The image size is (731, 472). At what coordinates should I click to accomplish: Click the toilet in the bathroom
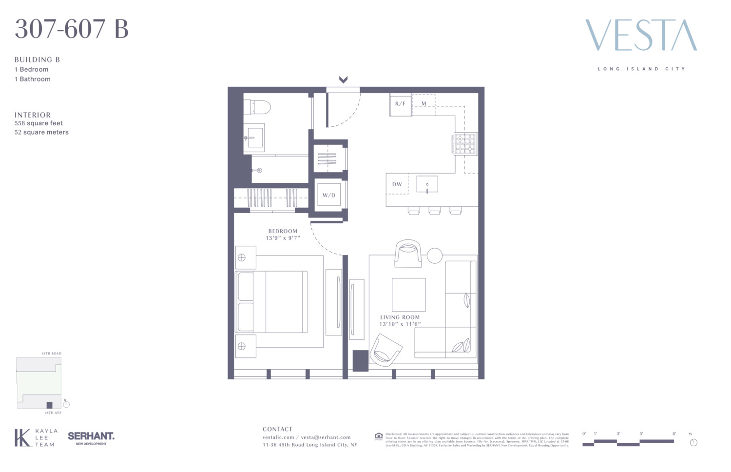point(258,107)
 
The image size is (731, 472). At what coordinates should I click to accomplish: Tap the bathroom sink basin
point(254,138)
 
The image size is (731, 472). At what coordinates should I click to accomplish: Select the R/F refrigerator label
point(400,104)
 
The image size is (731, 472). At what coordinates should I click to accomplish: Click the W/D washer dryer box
point(329,195)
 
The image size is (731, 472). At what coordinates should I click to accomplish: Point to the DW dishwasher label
point(397,184)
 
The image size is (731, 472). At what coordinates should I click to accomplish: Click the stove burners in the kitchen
point(465,144)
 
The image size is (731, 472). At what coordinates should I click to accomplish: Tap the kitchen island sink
point(427,184)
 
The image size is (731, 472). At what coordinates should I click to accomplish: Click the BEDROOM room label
point(283,231)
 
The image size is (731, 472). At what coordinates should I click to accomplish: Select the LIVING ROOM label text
point(400,317)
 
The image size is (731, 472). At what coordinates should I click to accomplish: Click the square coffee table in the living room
point(408,295)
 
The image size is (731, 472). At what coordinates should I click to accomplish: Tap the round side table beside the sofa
point(435,256)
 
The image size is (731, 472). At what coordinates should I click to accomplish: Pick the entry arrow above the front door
point(343,79)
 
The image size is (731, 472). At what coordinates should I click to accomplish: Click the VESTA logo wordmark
point(641,35)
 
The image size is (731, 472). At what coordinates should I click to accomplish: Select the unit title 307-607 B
point(72,29)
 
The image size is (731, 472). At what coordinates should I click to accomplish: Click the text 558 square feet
point(38,123)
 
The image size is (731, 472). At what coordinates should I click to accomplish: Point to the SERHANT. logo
point(91,436)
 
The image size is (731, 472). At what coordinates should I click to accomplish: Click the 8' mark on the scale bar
point(674,433)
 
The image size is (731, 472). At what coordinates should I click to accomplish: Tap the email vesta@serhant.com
point(326,437)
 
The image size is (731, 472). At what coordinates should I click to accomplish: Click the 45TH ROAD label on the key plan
point(52,354)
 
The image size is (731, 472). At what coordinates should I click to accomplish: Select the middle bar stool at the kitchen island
point(435,211)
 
